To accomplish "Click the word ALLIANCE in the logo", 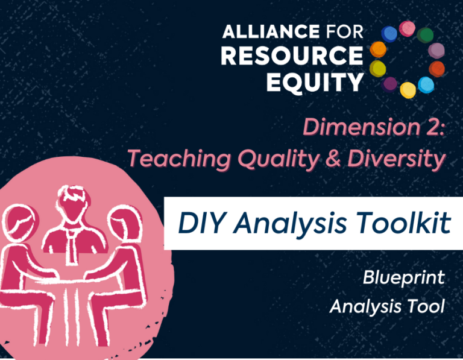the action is [x=271, y=31].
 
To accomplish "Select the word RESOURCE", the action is [x=292, y=55].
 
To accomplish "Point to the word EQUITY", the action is [x=315, y=82].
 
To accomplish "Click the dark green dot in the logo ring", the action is [x=425, y=35].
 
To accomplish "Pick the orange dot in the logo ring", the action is [x=378, y=49].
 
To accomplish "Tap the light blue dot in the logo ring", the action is [x=426, y=85].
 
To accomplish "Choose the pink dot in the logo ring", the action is [x=407, y=29].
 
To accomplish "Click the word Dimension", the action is [x=362, y=127].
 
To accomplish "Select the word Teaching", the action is [x=179, y=159].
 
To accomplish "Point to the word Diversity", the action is [x=396, y=159].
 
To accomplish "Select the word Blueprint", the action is [x=404, y=278].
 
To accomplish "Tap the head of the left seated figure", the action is [x=19, y=223].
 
